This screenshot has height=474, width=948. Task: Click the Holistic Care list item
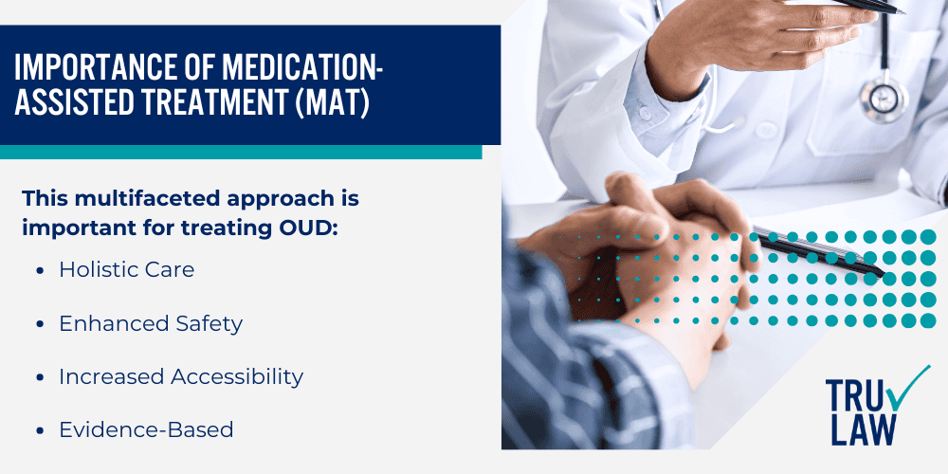126,269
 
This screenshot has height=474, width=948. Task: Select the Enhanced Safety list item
151,323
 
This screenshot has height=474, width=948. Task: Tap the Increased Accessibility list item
181,376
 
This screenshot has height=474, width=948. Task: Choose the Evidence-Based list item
146,429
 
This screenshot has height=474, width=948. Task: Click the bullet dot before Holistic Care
40,270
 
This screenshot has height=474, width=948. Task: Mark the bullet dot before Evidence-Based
40,430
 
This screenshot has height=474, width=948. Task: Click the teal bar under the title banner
241,152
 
